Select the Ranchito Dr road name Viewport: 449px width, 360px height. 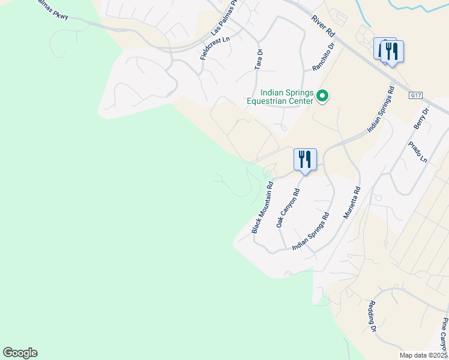pos(322,55)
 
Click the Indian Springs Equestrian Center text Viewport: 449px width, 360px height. pos(280,97)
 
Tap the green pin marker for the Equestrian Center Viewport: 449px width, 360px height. pos(322,96)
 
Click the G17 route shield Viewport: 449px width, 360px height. pos(416,95)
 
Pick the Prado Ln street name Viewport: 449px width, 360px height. pos(417,152)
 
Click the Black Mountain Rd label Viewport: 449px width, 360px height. pos(262,208)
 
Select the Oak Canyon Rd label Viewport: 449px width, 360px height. pos(288,208)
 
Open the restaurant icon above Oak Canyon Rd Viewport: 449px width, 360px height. pos(305,160)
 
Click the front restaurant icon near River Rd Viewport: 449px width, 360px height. pos(392,52)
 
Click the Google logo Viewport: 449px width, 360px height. pos(20,353)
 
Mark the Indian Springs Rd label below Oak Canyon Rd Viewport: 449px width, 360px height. pos(311,232)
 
